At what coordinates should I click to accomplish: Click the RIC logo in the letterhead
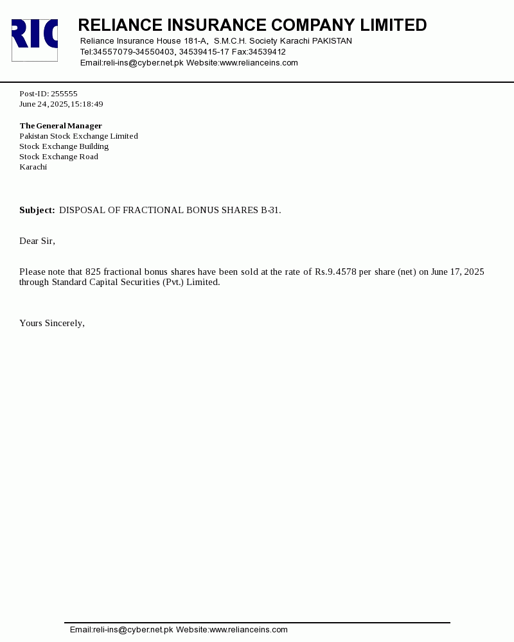tap(35, 40)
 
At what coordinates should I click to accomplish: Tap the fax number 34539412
tap(267, 52)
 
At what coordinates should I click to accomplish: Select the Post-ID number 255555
tap(64, 94)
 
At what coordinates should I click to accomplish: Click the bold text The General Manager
tap(60, 126)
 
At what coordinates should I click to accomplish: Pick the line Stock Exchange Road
tap(58, 157)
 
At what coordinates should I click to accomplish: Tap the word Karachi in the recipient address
tap(33, 167)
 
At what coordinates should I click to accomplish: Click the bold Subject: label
tap(37, 210)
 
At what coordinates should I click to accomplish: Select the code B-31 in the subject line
tap(270, 210)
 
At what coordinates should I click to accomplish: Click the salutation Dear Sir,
tap(37, 241)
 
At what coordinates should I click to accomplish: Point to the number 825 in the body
tap(93, 272)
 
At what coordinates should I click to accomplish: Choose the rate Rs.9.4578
tap(335, 272)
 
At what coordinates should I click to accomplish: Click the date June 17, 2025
tap(457, 272)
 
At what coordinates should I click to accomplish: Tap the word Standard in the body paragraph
tap(70, 282)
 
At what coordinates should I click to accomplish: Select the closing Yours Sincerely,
tap(52, 323)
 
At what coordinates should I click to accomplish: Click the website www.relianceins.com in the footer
tap(249, 630)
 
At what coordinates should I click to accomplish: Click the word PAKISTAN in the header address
tap(332, 41)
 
